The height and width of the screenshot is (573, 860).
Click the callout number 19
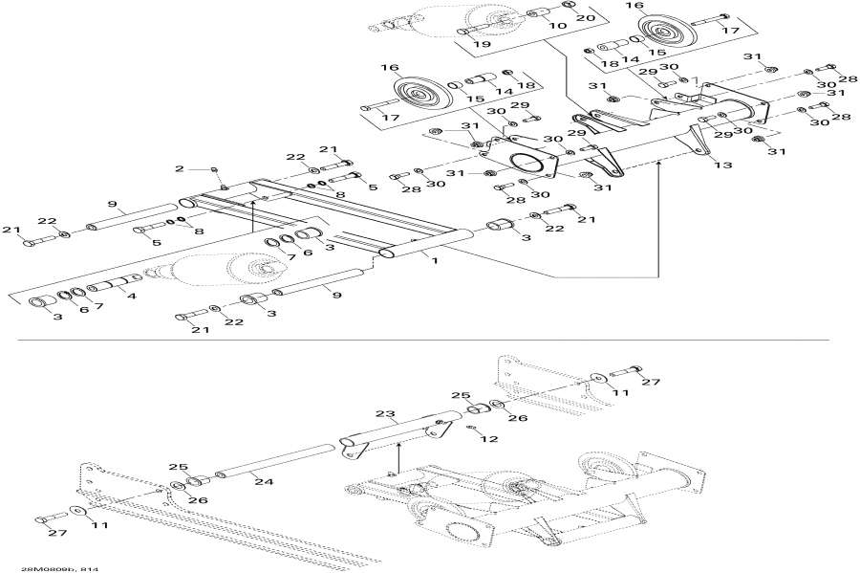(x=481, y=45)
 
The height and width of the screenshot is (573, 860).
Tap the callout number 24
(x=264, y=482)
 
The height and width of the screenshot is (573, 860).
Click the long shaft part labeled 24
(x=268, y=462)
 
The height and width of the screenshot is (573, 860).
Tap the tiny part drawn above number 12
(x=472, y=428)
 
